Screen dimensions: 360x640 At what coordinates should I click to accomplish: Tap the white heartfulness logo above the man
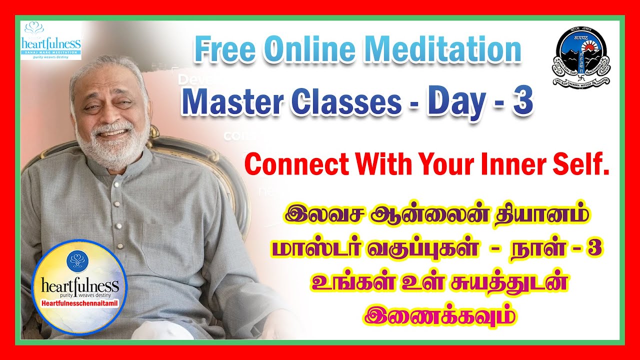(x=51, y=40)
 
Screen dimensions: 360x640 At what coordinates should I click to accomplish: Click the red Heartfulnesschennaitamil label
(x=79, y=303)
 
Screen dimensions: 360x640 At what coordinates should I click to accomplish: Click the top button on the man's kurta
(x=115, y=184)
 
